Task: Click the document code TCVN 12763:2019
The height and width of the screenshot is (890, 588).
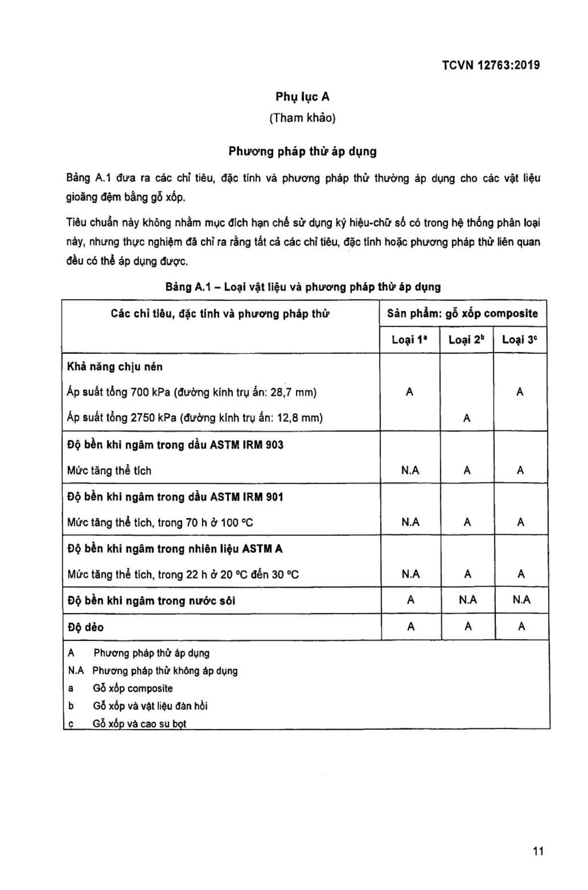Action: [x=490, y=65]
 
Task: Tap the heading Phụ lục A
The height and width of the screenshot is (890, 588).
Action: [x=302, y=97]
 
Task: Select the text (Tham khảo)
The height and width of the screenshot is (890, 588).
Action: [x=302, y=118]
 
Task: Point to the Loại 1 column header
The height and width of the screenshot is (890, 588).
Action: [x=409, y=340]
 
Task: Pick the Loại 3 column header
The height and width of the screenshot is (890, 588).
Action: [x=519, y=340]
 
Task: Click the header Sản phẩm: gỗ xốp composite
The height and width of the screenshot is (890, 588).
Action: [x=462, y=313]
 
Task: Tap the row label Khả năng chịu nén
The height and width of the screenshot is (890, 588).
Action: [x=115, y=367]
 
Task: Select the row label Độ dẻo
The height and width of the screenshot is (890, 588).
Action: [x=85, y=627]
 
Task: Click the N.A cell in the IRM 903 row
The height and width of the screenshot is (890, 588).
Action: [x=410, y=470]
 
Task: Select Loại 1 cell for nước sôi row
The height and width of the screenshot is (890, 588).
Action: [x=410, y=600]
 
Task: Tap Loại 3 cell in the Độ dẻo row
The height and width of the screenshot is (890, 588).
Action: [x=521, y=626]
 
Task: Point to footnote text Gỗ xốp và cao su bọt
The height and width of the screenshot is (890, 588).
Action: [x=139, y=724]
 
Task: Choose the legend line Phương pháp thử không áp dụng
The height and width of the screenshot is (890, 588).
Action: [x=165, y=670]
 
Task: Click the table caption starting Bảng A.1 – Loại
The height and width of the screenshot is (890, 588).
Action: [x=303, y=287]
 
